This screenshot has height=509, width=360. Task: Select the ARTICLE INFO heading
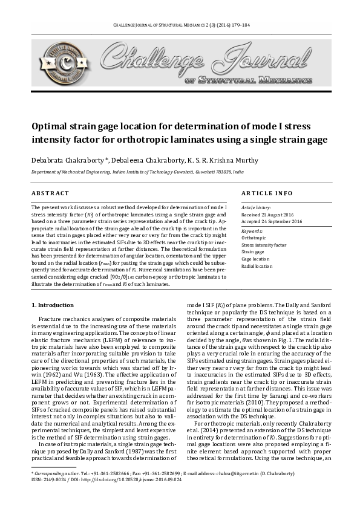(267, 193)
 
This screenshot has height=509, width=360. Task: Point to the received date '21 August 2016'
(277, 215)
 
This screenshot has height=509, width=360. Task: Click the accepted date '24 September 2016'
(280, 222)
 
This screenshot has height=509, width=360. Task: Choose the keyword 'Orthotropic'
(255, 238)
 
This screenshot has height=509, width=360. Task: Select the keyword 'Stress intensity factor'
(264, 245)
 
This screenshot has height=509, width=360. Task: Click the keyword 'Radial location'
(257, 266)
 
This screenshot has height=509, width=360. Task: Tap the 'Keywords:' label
(252, 232)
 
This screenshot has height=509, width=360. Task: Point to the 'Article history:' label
(257, 208)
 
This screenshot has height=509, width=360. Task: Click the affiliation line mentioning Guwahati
(137, 172)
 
